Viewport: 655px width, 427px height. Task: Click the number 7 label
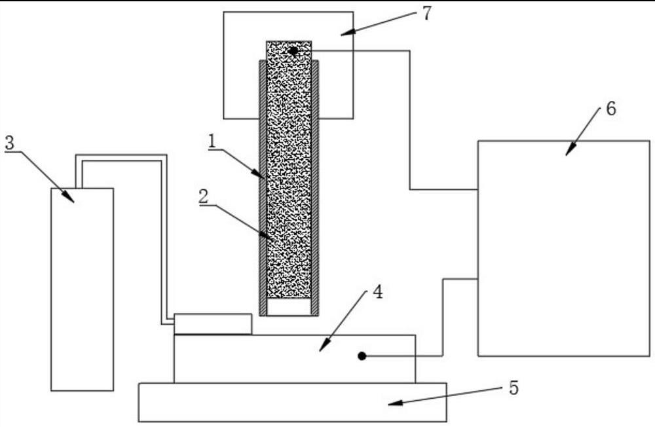pos(426,14)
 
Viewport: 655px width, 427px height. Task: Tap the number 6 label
pos(610,109)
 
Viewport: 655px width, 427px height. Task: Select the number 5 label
pos(514,388)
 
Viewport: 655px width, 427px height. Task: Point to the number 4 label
pos(377,293)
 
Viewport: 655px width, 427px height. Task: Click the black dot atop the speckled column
pos(293,50)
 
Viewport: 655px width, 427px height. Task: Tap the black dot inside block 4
pos(362,356)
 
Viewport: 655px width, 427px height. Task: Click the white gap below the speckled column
pos(289,307)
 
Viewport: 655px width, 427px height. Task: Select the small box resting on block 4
pos(213,324)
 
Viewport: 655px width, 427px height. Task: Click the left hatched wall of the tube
pos(263,183)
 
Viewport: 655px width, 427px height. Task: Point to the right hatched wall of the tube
pos(315,183)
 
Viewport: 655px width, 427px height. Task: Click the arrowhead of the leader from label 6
pos(567,153)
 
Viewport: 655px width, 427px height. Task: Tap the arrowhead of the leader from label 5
pos(390,404)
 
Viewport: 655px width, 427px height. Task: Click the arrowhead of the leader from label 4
pos(321,349)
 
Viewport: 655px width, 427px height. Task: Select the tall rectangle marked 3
pos(83,288)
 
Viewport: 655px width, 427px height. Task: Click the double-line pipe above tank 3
pos(121,158)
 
